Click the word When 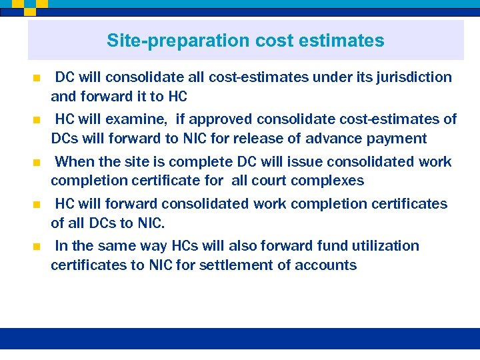(75, 162)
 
